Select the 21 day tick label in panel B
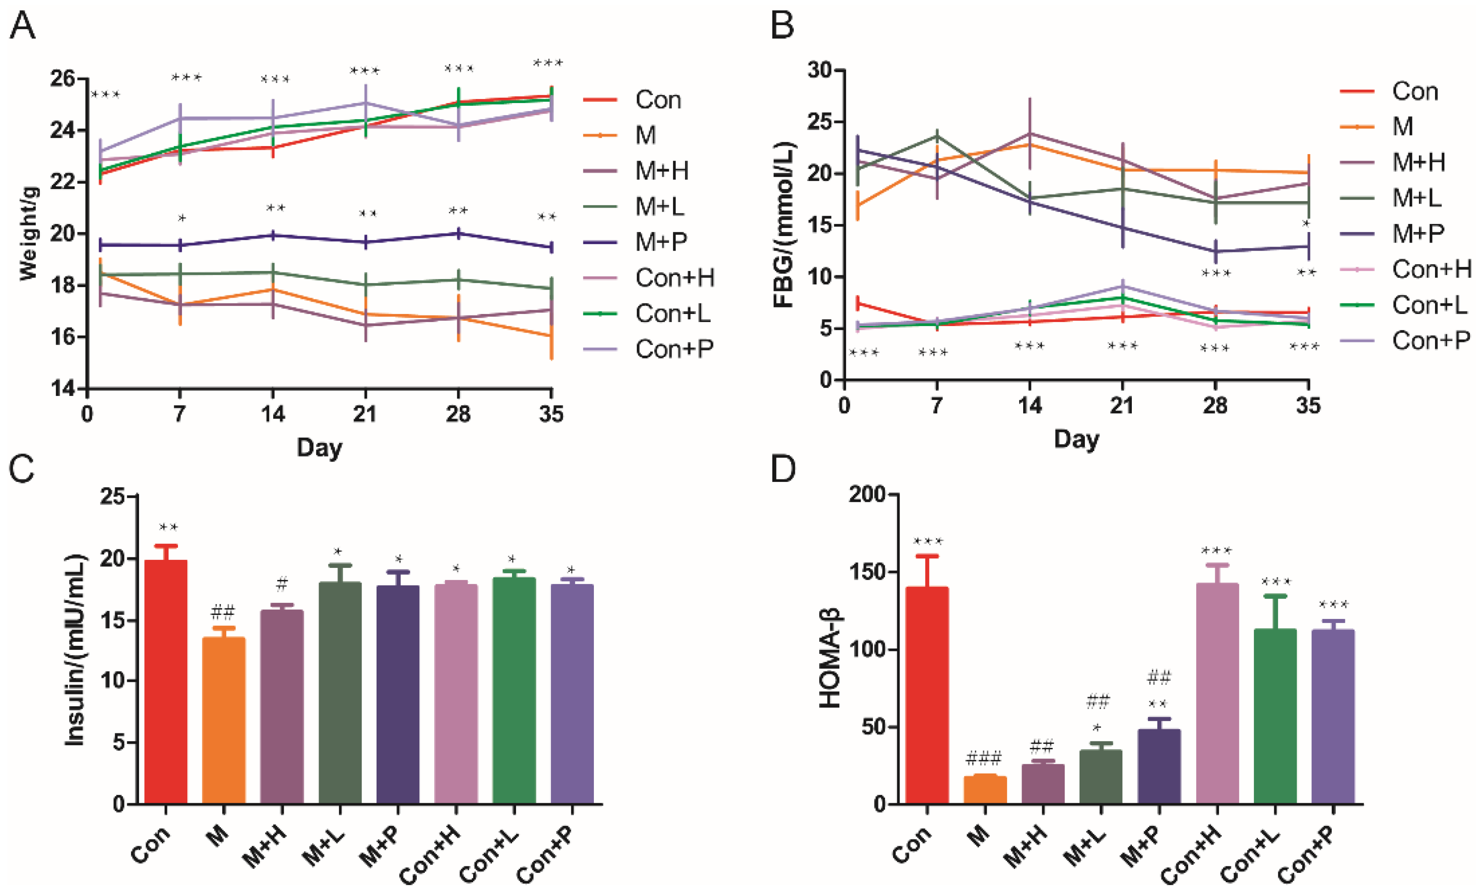click(x=1122, y=406)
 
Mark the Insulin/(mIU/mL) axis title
click(x=75, y=650)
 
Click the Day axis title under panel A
click(x=319, y=448)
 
